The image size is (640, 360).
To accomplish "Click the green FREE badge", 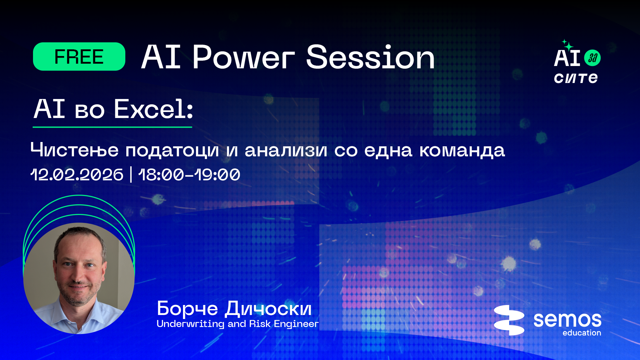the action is pos(79,56).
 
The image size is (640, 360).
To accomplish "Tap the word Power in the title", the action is pos(243,57).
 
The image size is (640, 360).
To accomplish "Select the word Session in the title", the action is pos(370,57).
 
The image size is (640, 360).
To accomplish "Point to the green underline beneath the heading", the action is pos(112,127).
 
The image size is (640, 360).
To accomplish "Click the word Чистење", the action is pos(74,150).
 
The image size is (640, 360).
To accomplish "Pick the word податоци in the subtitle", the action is pos(172,151).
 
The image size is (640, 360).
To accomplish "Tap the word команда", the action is pos(462,150).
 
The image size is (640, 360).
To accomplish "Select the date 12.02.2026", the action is pos(77,175).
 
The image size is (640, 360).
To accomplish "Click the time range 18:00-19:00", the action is pos(189,175).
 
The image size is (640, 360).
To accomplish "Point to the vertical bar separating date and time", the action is pos(131,175).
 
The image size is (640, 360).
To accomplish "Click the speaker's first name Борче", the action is pos(187,309).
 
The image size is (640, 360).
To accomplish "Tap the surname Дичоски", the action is pos(268,309).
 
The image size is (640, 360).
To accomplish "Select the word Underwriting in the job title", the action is pos(190,324).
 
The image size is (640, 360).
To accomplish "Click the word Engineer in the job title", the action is pos(296,324).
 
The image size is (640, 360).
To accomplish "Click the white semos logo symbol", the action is pos(509,320).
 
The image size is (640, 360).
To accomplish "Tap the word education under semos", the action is pos(582,333).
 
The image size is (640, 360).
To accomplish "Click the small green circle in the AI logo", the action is pos(592,58).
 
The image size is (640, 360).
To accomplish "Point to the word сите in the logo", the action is pos(576,78).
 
